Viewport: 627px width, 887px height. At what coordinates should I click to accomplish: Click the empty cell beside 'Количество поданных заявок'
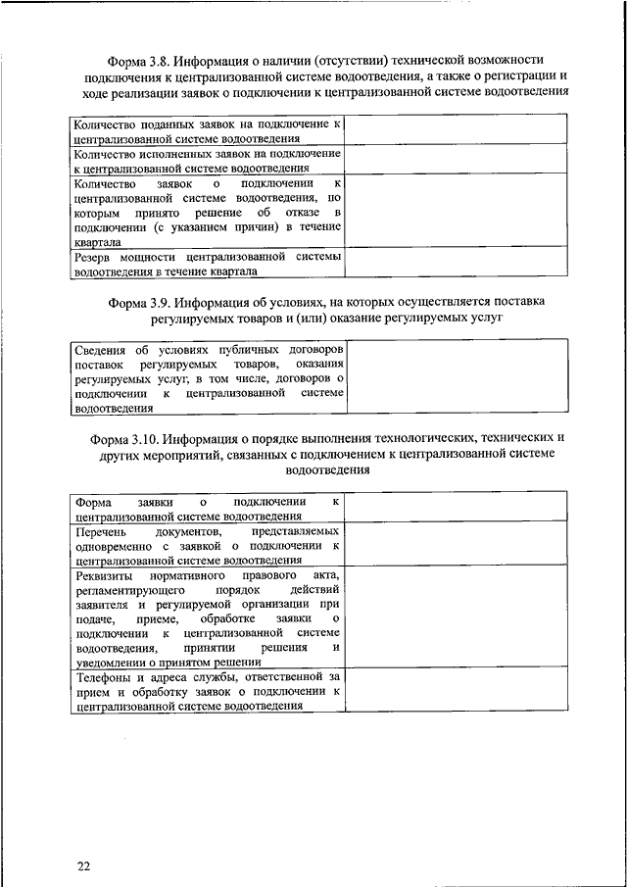click(x=455, y=131)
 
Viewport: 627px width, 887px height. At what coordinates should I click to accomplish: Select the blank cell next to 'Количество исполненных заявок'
click(x=455, y=160)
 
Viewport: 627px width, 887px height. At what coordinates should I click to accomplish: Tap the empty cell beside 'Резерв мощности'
click(x=455, y=264)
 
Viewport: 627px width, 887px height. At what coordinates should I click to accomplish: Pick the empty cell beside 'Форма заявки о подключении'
click(x=455, y=508)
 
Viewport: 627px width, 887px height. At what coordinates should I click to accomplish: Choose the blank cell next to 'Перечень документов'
click(x=455, y=544)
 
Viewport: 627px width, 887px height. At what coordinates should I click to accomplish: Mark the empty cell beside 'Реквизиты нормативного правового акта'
click(x=455, y=617)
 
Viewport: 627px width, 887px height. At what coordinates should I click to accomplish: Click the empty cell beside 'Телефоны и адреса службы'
click(x=455, y=690)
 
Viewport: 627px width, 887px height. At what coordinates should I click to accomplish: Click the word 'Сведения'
click(x=101, y=349)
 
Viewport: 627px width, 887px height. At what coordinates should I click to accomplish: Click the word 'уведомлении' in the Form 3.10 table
click(x=114, y=663)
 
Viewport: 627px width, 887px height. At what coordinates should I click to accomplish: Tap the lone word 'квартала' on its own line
click(x=98, y=241)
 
